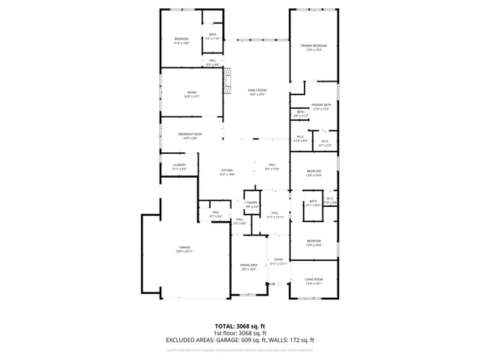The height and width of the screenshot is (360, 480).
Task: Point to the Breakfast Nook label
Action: click(190, 136)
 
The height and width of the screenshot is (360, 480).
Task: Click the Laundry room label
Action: click(179, 166)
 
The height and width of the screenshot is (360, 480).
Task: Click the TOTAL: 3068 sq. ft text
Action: click(240, 327)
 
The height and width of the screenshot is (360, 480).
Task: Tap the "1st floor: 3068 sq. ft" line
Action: click(240, 333)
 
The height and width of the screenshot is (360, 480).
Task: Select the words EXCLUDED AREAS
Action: click(188, 340)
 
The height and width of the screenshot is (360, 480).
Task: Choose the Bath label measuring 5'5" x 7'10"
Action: click(213, 36)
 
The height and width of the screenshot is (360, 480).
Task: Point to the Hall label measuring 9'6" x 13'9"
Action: click(271, 166)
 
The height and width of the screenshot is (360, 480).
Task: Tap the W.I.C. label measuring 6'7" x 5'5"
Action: click(325, 143)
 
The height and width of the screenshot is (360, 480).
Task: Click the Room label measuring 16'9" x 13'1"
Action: click(191, 94)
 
